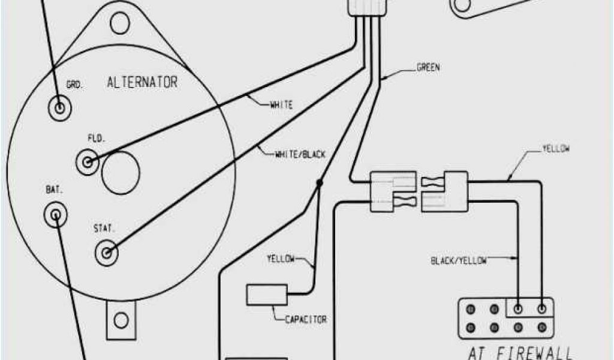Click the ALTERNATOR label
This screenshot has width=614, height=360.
pyautogui.click(x=142, y=82)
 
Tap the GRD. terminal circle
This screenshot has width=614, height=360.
pyautogui.click(x=60, y=108)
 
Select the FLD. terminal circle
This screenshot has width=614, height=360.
pyautogui.click(x=88, y=161)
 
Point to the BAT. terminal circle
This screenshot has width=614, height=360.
pyautogui.click(x=56, y=213)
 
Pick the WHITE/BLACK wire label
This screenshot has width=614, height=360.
pyautogui.click(x=300, y=154)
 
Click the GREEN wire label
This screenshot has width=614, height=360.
pyautogui.click(x=428, y=68)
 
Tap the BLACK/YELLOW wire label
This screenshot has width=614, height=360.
pyautogui.click(x=459, y=260)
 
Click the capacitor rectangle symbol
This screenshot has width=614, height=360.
pyautogui.click(x=267, y=295)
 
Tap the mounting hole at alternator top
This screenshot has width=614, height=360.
pyautogui.click(x=120, y=22)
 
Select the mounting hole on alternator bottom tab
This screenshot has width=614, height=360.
pyautogui.click(x=122, y=320)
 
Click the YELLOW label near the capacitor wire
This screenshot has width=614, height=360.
pyautogui.click(x=281, y=259)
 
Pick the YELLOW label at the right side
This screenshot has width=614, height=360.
pyautogui.click(x=555, y=149)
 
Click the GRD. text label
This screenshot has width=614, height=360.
pyautogui.click(x=74, y=85)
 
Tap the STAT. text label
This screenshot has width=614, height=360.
pyautogui.click(x=103, y=229)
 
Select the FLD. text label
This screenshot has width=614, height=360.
pyautogui.click(x=96, y=138)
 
